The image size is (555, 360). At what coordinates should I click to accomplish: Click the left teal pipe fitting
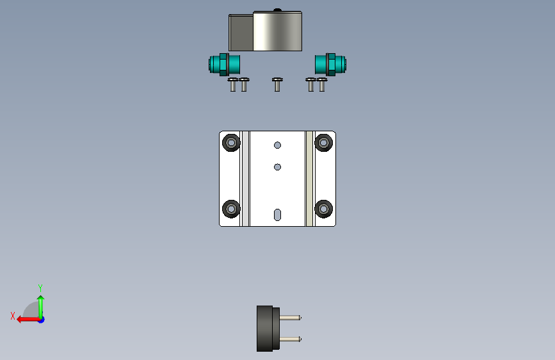pyautogui.click(x=225, y=65)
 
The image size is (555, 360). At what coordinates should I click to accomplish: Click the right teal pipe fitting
pyautogui.click(x=330, y=65)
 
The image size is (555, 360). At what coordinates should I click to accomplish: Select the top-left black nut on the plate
pyautogui.click(x=231, y=143)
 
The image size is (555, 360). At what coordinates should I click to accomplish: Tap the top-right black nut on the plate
pyautogui.click(x=323, y=143)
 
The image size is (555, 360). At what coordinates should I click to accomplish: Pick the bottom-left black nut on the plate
pyautogui.click(x=231, y=209)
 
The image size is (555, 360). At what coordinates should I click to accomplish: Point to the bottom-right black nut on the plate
pyautogui.click(x=323, y=209)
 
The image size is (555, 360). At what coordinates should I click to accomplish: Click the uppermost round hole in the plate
pyautogui.click(x=278, y=145)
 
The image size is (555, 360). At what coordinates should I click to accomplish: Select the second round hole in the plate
pyautogui.click(x=278, y=167)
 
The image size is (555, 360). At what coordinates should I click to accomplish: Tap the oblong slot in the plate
pyautogui.click(x=278, y=215)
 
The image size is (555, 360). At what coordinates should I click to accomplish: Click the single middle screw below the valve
pyautogui.click(x=277, y=85)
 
